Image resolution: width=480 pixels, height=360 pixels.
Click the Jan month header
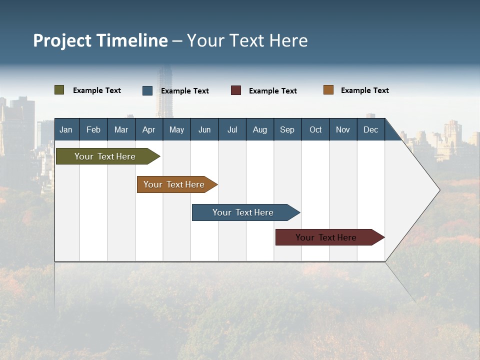(66, 129)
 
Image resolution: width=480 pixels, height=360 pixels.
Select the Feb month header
(93, 129)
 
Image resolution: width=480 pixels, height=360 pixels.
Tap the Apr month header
(149, 129)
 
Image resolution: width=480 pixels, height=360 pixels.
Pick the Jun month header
(204, 129)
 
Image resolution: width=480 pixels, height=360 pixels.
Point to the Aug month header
(260, 129)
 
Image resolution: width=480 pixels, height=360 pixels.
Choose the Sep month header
(287, 129)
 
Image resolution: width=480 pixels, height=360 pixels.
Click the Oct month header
(315, 129)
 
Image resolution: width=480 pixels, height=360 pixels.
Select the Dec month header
(371, 129)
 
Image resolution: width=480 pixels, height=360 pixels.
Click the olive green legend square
(59, 90)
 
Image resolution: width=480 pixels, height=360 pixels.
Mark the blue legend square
(147, 90)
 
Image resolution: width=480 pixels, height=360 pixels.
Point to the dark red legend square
(236, 90)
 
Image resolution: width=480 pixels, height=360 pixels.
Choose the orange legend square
(328, 90)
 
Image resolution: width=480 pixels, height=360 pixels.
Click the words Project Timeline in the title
(100, 40)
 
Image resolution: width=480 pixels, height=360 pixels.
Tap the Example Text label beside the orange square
(364, 90)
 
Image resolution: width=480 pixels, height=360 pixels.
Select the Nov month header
(343, 129)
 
